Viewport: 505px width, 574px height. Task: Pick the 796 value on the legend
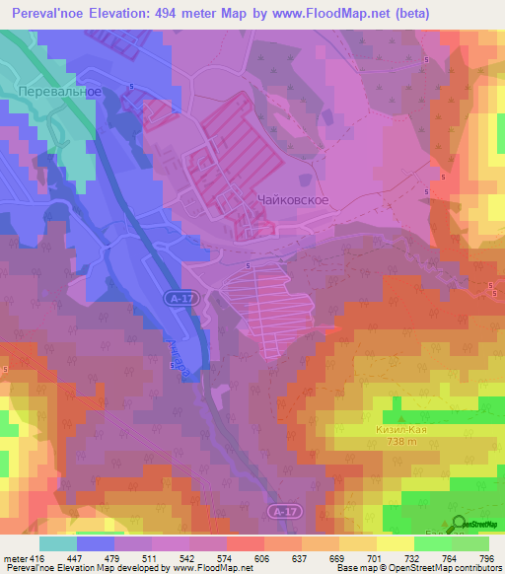(485, 558)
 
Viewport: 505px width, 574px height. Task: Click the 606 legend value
(261, 558)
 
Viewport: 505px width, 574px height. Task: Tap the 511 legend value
(148, 558)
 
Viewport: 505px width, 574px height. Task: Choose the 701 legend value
(373, 558)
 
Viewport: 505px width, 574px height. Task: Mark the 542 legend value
(185, 558)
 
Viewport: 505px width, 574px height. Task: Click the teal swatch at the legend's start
(58, 543)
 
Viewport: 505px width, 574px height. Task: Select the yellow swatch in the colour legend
(396, 543)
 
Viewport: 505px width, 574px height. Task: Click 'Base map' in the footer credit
(352, 569)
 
